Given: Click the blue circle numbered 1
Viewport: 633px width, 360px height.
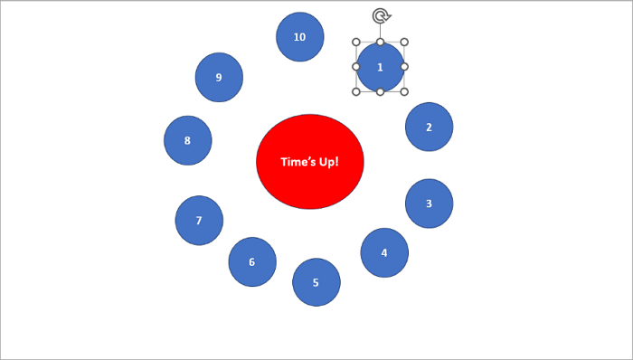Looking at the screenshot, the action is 380,67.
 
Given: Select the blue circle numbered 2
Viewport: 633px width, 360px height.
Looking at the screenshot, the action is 429,127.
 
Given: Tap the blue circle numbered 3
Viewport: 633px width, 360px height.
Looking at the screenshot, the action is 429,203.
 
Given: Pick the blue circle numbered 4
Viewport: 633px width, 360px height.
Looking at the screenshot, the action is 384,252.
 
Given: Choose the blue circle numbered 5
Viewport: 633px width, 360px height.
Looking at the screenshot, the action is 316,282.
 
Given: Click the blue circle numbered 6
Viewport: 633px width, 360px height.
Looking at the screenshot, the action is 251,262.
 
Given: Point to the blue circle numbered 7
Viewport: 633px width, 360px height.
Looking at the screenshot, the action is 199,220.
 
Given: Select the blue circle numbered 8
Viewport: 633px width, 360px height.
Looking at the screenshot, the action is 187,140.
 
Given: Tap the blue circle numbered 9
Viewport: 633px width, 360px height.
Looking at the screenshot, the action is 219,77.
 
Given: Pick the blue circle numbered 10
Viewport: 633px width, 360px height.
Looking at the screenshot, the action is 299,37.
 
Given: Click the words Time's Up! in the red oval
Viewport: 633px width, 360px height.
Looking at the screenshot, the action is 310,163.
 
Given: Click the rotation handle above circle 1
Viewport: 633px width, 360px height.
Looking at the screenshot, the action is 380,15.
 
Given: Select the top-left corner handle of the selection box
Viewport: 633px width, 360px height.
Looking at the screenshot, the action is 356,42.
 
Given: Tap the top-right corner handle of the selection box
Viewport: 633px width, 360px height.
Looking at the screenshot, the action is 404,42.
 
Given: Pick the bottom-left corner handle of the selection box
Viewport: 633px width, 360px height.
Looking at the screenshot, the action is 356,91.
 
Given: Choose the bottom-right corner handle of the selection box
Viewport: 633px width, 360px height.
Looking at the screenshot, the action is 404,91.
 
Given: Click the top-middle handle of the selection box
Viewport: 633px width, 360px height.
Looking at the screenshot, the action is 380,42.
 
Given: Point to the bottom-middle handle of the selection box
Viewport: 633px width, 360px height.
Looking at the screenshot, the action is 380,91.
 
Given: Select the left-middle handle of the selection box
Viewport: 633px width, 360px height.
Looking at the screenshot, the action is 356,67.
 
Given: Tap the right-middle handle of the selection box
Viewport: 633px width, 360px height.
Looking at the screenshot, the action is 404,67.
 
